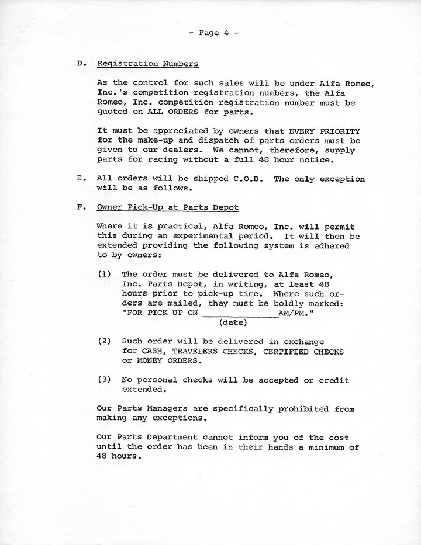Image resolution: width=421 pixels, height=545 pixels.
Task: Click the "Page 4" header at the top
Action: click(x=214, y=33)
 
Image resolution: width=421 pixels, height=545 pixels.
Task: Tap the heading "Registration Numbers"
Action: click(x=147, y=64)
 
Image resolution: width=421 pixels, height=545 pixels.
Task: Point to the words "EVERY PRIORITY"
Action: click(x=325, y=131)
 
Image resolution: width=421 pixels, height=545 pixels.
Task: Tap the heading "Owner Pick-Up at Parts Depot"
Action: click(x=168, y=207)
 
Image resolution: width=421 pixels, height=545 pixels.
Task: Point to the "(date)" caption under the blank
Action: click(x=233, y=322)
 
